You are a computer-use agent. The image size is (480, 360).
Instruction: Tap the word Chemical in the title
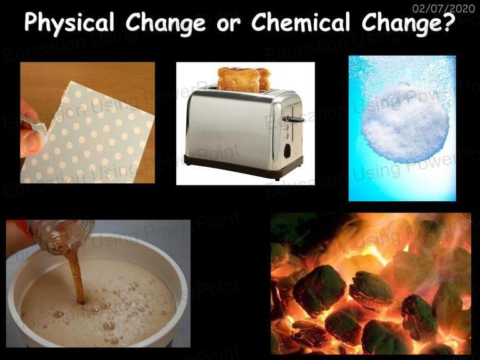tap(301, 22)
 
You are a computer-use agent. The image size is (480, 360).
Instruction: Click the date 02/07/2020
tap(443, 8)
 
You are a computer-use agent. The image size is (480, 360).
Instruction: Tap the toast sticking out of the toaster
tap(243, 79)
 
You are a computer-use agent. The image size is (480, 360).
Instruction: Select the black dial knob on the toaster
tap(287, 151)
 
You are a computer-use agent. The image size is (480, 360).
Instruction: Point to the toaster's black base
tap(243, 167)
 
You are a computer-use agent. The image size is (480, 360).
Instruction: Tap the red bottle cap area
tap(24, 228)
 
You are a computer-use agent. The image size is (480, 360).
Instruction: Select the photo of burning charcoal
tap(371, 284)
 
